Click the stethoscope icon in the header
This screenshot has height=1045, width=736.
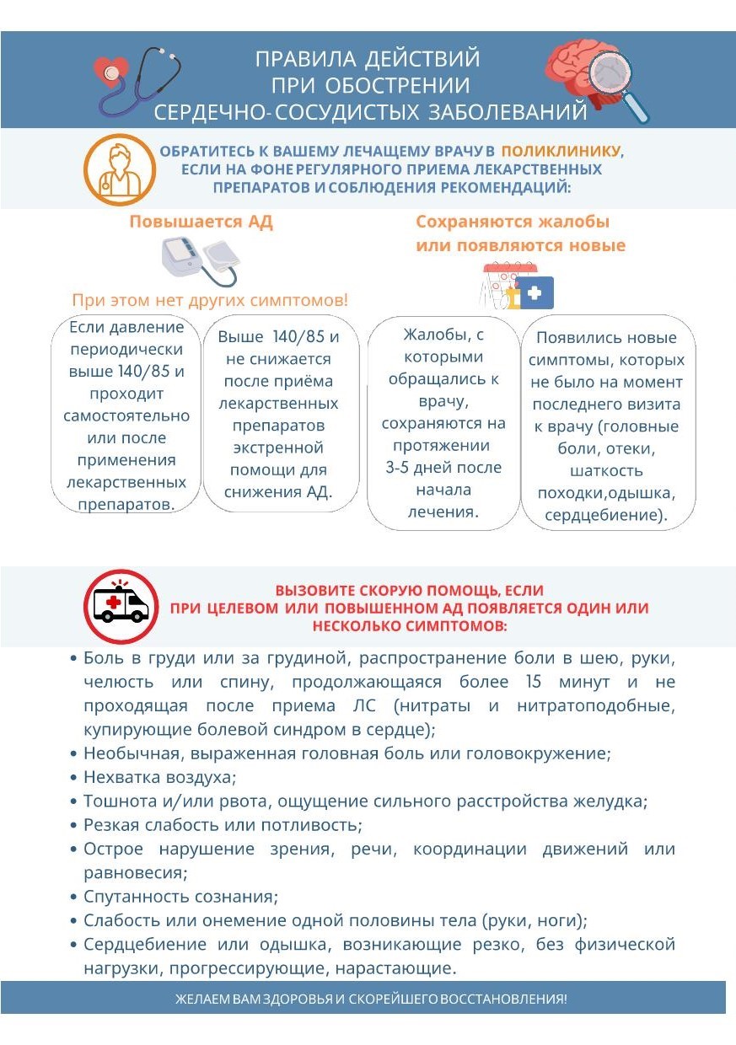[139, 79]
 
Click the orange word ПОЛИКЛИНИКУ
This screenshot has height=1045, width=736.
[561, 152]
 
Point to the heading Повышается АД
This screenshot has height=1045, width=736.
[201, 222]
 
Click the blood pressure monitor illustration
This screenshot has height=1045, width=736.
[201, 260]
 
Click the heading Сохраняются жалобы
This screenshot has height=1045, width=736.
[512, 222]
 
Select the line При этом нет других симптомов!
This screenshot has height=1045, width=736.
[209, 300]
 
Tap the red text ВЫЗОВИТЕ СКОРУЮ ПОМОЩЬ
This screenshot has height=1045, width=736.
[409, 591]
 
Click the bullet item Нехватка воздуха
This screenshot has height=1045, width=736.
[159, 777]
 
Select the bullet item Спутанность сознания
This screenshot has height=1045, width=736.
[180, 896]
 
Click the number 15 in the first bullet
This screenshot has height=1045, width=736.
[533, 681]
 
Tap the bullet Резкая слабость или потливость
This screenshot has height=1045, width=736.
[223, 825]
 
